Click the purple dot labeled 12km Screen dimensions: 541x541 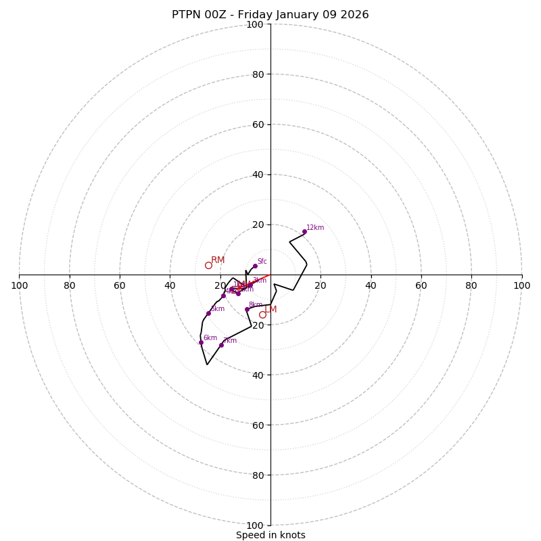click(304, 231)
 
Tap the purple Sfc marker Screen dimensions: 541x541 click(255, 266)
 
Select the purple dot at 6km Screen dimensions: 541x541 click(201, 342)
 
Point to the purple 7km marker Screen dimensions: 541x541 click(221, 345)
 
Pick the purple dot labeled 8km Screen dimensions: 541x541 click(247, 309)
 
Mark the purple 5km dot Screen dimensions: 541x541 click(208, 313)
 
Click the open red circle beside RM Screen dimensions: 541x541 click(208, 265)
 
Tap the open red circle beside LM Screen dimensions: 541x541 click(262, 314)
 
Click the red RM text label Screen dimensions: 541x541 click(218, 260)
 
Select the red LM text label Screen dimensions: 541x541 click(270, 310)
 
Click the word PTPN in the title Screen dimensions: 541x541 click(186, 15)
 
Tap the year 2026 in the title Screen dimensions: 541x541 click(354, 15)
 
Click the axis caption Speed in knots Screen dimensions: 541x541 click(270, 535)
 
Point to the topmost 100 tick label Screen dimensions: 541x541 click(255, 24)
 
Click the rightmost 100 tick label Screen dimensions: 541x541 click(521, 285)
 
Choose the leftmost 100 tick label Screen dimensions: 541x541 click(19, 285)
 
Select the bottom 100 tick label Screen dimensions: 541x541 click(255, 525)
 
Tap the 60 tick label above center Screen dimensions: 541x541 click(257, 124)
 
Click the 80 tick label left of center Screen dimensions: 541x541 click(70, 285)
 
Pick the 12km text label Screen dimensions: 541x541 click(315, 228)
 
